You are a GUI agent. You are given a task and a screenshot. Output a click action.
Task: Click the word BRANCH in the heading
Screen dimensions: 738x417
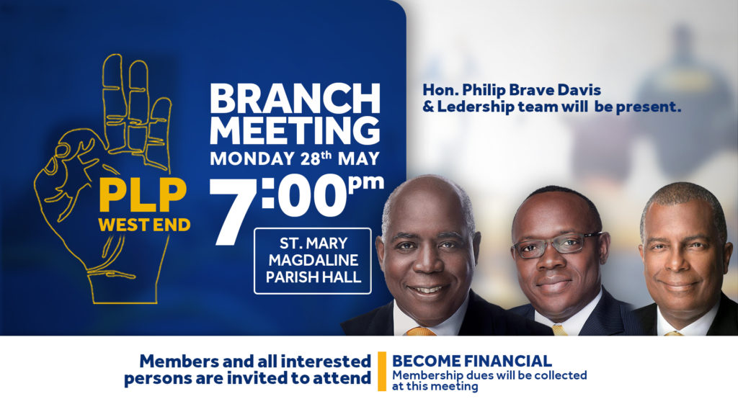295,98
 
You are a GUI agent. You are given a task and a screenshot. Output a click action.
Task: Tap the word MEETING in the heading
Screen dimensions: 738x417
295,130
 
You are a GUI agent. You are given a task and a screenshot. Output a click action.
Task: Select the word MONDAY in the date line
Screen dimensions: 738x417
252,158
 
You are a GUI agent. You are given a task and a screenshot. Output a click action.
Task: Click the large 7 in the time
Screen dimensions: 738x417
234,212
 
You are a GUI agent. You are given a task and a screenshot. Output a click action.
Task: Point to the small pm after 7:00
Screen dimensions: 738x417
366,183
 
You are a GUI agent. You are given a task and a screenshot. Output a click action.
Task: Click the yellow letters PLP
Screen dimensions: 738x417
143,196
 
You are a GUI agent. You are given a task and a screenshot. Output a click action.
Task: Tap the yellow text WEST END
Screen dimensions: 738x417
144,225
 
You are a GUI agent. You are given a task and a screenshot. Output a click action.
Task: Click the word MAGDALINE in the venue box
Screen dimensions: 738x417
314,260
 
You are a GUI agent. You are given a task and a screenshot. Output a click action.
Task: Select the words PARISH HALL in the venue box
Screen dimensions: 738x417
314,277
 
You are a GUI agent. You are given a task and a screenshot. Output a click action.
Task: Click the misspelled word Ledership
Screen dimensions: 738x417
476,107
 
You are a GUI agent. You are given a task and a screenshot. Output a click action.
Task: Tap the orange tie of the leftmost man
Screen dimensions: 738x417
420,331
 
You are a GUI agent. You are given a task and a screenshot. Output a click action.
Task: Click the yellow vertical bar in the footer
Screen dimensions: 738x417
382,372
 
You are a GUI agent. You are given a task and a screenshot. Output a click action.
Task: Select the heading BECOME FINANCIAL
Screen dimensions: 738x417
471,361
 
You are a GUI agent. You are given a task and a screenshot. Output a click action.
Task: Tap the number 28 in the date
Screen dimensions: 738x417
310,159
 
